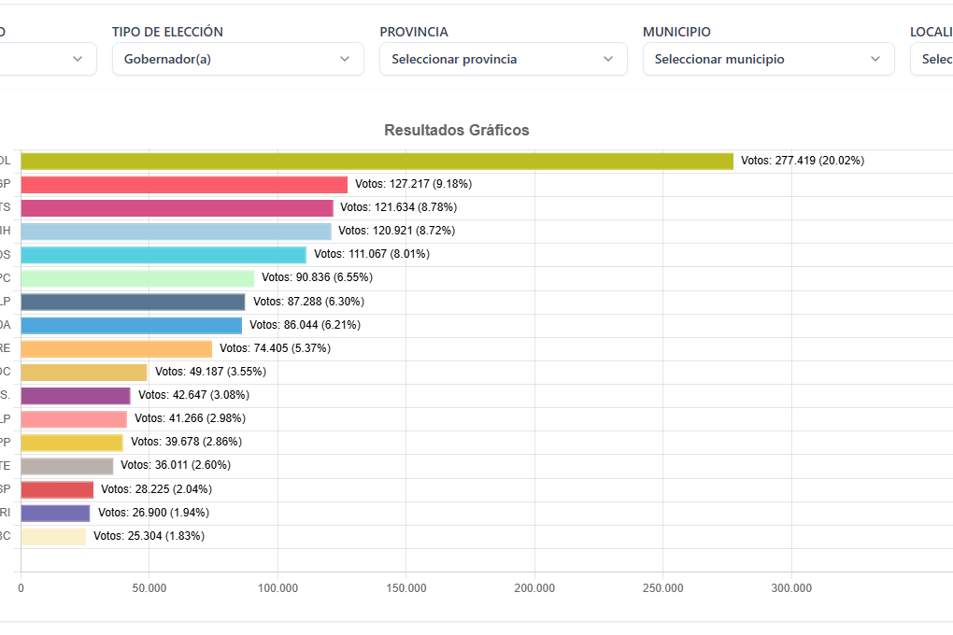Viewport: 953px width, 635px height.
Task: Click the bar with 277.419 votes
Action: pos(377,161)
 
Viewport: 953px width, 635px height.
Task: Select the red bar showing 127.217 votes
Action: pos(184,185)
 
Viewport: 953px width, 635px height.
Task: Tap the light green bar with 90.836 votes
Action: pos(137,278)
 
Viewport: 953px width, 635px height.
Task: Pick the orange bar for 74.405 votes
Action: pos(117,348)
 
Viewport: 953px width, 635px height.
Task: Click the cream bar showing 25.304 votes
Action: pos(53,536)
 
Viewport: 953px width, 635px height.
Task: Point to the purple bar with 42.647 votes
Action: pos(76,395)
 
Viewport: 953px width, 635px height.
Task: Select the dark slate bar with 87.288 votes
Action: pos(133,302)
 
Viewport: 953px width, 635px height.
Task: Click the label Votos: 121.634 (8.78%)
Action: pos(398,207)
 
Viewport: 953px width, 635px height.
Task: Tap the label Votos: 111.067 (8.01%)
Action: pos(372,254)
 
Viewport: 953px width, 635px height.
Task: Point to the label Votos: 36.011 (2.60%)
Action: pos(176,465)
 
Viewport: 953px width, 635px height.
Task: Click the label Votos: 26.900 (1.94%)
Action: pos(153,513)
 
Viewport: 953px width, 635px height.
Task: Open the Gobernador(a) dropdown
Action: pos(237,59)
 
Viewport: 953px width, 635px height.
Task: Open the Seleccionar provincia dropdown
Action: pos(503,59)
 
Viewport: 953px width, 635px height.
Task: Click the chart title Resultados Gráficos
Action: pos(457,131)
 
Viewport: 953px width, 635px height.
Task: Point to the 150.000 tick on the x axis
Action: pos(406,588)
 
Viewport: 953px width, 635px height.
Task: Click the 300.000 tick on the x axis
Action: pos(791,588)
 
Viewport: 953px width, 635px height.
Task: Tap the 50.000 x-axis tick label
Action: pos(149,588)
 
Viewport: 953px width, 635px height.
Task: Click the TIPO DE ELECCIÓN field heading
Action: pos(167,32)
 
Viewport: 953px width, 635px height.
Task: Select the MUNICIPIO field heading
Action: pos(676,32)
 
